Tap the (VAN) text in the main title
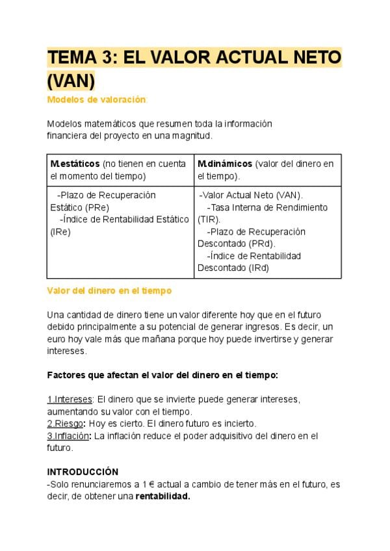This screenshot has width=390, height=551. point(71,81)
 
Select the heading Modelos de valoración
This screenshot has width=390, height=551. point(97,99)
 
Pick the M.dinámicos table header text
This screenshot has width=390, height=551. point(225,164)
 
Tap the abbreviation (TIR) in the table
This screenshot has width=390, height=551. point(209,220)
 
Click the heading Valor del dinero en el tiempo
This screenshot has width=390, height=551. point(109,290)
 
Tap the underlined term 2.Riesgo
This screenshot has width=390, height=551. point(65,423)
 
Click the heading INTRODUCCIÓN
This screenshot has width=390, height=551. point(83,471)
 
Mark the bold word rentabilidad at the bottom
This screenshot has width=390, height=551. point(162,496)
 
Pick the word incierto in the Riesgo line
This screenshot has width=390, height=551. point(237,423)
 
